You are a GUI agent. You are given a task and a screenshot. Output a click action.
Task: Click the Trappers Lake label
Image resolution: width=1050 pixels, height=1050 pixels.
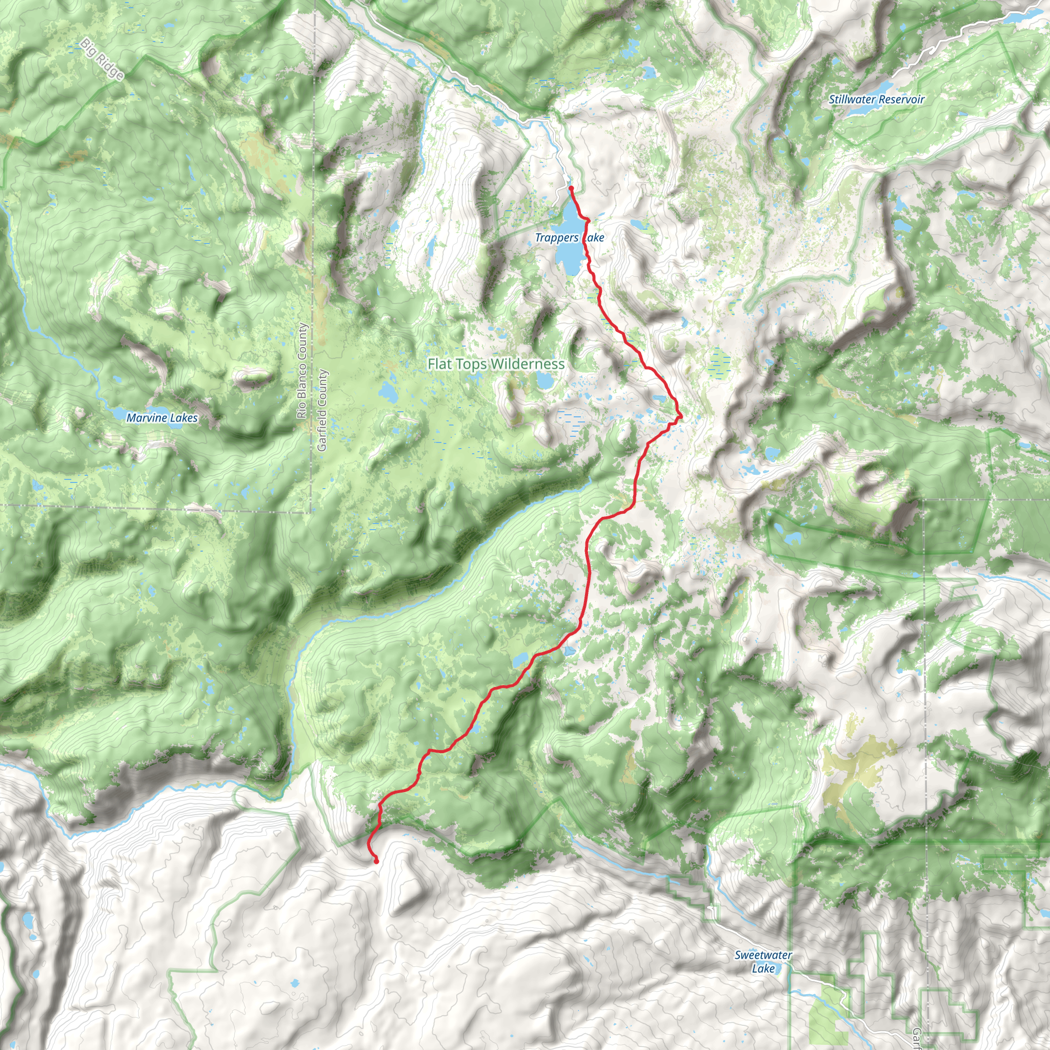click(569, 237)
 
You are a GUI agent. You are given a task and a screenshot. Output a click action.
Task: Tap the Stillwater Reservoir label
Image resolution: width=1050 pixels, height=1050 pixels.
click(876, 99)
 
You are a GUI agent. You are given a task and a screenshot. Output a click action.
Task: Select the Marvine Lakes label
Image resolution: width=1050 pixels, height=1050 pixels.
click(162, 418)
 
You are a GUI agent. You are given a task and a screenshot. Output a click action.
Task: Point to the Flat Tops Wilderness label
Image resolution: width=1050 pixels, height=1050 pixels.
click(496, 364)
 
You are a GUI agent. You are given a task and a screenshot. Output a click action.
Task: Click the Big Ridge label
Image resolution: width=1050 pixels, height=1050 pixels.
click(103, 59)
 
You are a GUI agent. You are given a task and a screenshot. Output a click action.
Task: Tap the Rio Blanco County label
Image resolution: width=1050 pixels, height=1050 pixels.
click(302, 371)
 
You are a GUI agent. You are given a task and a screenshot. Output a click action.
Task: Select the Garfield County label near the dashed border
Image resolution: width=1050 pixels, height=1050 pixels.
click(322, 410)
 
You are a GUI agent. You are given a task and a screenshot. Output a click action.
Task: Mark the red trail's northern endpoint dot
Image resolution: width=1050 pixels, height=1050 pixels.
click(571, 188)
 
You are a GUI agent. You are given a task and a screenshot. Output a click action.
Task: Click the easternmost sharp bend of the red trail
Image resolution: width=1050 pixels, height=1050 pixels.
click(680, 416)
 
